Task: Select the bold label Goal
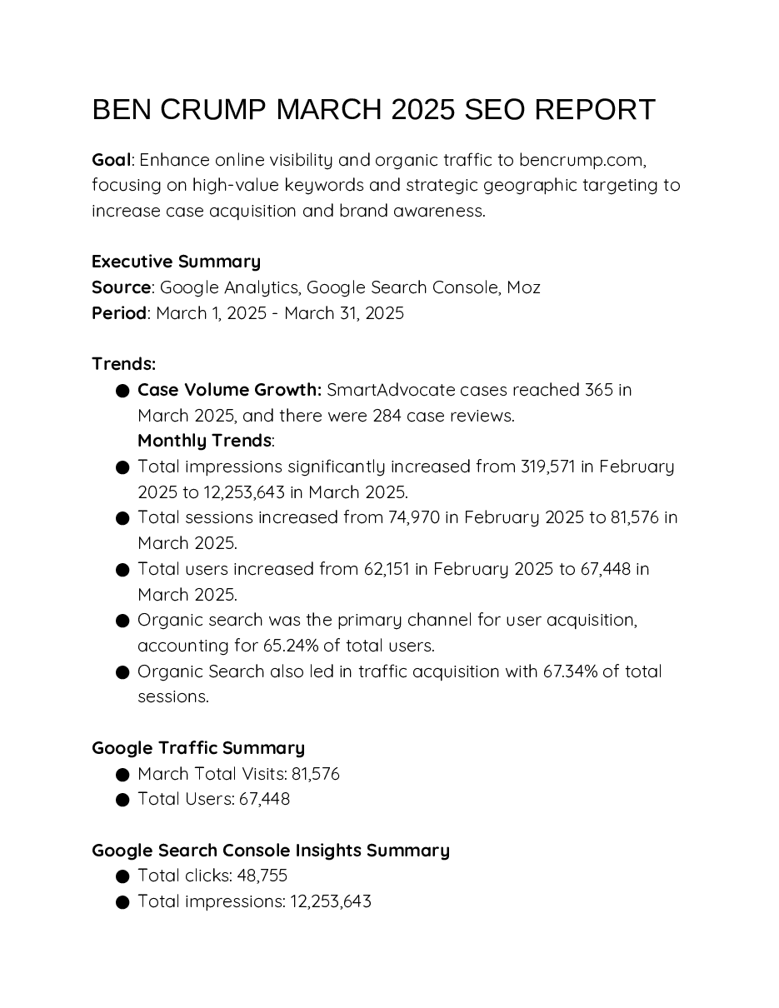coord(111,160)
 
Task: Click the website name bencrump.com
coord(582,160)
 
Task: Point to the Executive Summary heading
coord(176,262)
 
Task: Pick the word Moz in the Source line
coord(523,287)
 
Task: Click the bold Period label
coord(118,313)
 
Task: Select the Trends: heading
coord(123,364)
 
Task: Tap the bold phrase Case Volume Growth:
coord(229,390)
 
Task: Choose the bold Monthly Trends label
coord(205,441)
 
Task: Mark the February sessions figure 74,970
coord(413,517)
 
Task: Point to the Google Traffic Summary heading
coord(198,748)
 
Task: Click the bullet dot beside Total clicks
coord(122,876)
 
